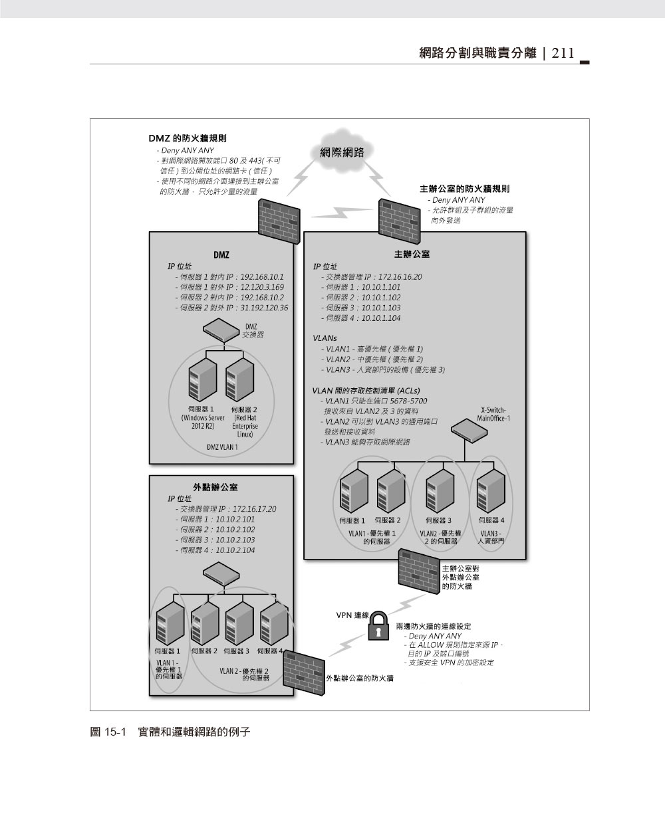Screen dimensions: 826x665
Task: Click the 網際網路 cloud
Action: point(342,152)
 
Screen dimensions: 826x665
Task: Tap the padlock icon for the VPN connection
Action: point(378,625)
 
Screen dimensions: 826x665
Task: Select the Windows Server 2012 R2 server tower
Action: point(202,379)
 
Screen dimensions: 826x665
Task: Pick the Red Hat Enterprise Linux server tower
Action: point(239,379)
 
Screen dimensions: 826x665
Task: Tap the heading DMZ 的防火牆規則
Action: point(187,139)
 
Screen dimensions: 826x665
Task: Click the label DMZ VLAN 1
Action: point(221,447)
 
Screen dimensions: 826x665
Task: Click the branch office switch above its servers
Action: point(221,572)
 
